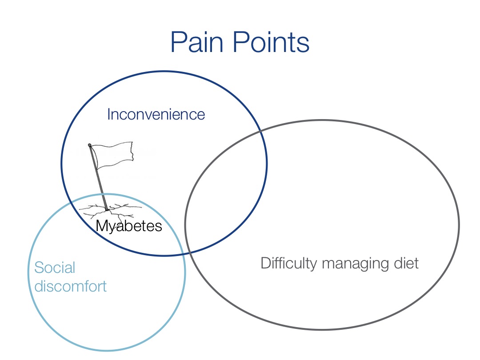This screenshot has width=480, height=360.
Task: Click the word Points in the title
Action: coord(271,42)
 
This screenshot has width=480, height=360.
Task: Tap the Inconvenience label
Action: coord(156,115)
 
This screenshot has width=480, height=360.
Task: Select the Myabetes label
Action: coord(129,226)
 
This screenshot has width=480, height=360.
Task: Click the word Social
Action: coord(55,268)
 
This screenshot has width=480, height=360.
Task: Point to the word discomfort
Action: coord(70,286)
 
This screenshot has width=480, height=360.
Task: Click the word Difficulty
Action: coord(289,264)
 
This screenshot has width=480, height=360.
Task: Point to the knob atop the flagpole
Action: coord(90,145)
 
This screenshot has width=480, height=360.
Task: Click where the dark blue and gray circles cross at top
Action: coord(260,131)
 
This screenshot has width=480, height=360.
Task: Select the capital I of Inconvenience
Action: coord(109,115)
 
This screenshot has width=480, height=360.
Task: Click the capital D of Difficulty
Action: coord(265,263)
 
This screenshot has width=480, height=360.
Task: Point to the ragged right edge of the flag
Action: coord(132,151)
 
